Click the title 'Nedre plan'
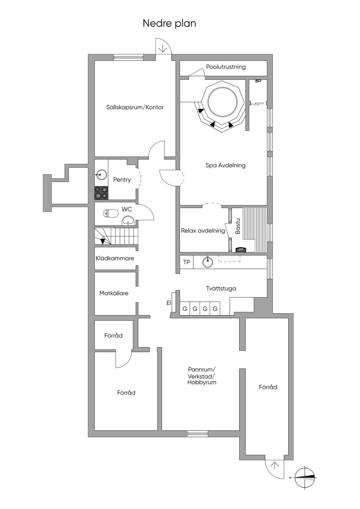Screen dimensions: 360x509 pyautogui.click(x=169, y=24)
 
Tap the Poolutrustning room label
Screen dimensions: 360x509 pyautogui.click(x=226, y=67)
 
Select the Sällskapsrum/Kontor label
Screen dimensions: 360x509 pyautogui.click(x=135, y=107)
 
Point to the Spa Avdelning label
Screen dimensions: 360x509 pyautogui.click(x=225, y=165)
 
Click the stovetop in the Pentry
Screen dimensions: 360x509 pyautogui.click(x=101, y=193)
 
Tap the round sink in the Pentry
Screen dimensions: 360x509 pyautogui.click(x=101, y=174)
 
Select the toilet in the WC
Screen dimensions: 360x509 pyautogui.click(x=110, y=213)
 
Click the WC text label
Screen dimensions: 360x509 pyautogui.click(x=127, y=210)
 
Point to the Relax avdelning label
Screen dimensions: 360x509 pyautogui.click(x=203, y=231)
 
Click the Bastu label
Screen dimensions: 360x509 pyautogui.click(x=238, y=226)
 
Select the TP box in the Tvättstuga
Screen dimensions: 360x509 pyautogui.click(x=186, y=262)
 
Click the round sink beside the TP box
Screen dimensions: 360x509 pyautogui.click(x=207, y=262)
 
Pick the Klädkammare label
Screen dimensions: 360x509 pyautogui.click(x=115, y=258)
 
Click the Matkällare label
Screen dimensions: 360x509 pyautogui.click(x=114, y=293)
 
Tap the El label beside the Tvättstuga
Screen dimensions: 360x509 pyautogui.click(x=168, y=303)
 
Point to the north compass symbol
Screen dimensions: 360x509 pyautogui.click(x=304, y=477)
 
